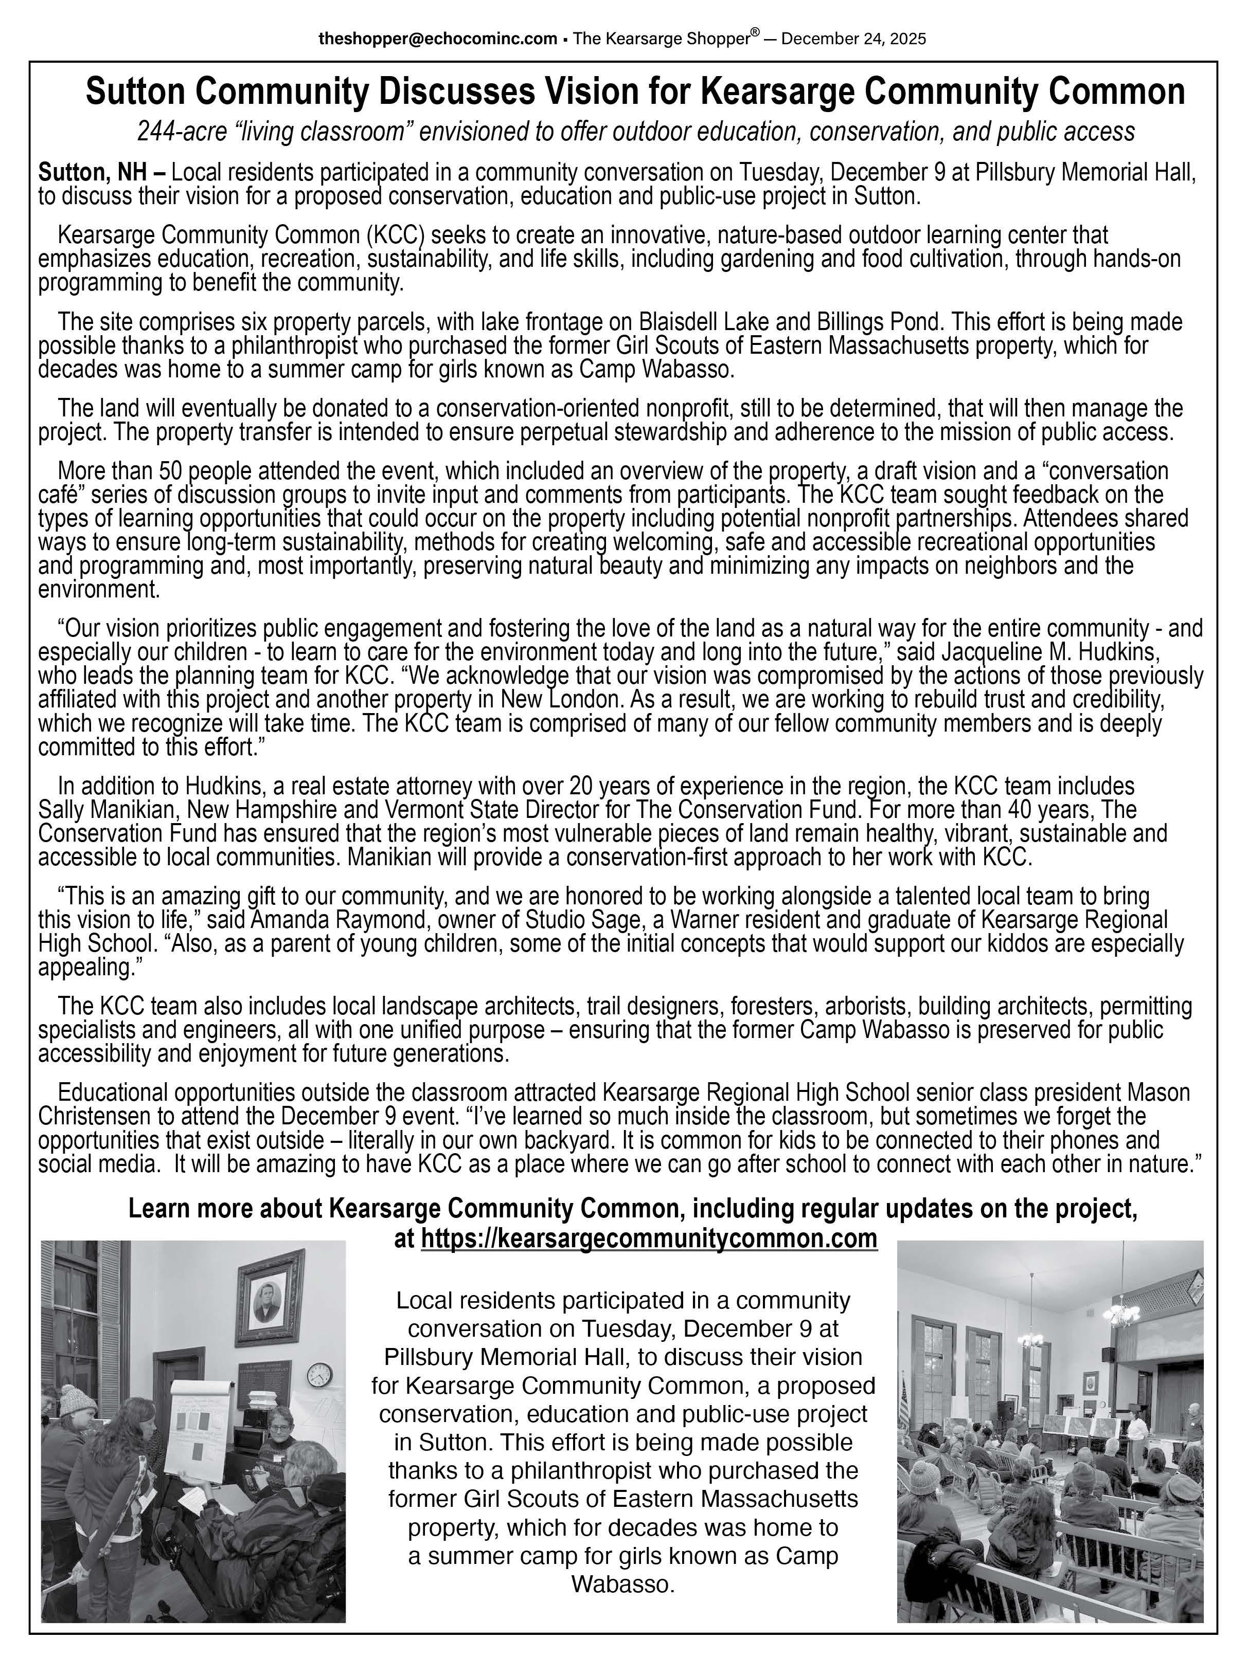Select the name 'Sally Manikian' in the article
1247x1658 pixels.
click(108, 810)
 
